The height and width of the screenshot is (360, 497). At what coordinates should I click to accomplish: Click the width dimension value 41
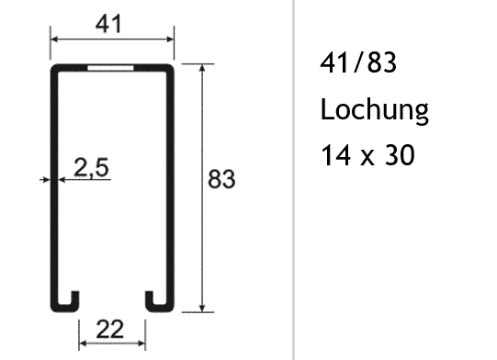[x=110, y=25]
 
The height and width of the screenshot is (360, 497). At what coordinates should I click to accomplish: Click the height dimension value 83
[x=220, y=179]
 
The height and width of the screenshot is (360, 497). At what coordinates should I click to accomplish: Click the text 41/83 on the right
[x=347, y=63]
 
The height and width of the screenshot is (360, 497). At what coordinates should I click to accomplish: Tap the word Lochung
[x=374, y=111]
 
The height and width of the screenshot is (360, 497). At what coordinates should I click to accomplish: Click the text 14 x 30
[x=367, y=156]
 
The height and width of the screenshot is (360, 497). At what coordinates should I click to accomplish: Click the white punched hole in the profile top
[x=110, y=69]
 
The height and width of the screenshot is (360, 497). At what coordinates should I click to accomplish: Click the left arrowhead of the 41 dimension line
[x=53, y=40]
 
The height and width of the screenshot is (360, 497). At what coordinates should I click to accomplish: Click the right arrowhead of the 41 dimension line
[x=171, y=40]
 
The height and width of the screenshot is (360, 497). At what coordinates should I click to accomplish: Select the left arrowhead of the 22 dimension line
[x=82, y=345]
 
